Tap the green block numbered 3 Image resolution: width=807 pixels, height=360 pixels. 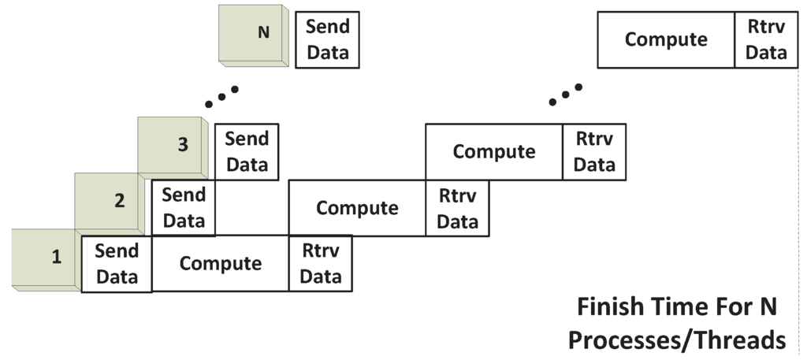coord(172,146)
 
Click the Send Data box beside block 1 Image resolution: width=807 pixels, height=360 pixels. coord(117,264)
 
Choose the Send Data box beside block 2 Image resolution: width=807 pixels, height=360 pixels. coord(184,208)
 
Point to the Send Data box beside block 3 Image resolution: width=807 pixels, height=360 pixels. coord(247,151)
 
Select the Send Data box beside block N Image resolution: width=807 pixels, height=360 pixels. coord(327,39)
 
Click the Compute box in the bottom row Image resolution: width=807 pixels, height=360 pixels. coord(221,263)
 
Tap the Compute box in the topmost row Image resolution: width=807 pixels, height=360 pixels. coord(666,39)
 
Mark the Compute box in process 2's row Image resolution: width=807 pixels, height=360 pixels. coord(357,208)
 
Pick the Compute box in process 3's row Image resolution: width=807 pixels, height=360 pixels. coord(494,151)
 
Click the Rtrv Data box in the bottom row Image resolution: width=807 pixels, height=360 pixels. coord(321,263)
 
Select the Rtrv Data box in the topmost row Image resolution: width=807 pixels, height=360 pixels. coord(766,39)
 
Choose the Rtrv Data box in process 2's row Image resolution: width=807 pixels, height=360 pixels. coord(457,208)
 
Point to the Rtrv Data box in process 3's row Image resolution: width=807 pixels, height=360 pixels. coord(594,151)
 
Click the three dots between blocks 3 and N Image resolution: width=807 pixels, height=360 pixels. coord(221,95)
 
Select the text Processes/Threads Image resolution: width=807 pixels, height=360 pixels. coord(676,340)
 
